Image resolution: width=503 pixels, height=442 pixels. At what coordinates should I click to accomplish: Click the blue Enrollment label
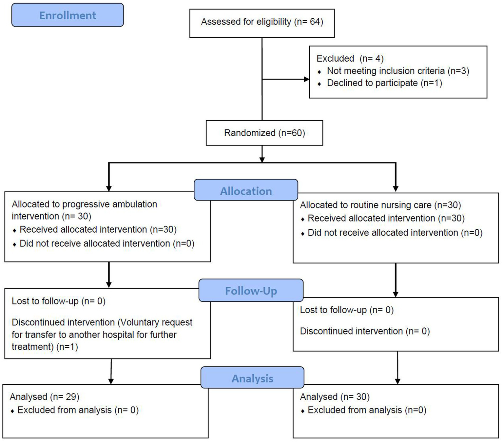(x=68, y=15)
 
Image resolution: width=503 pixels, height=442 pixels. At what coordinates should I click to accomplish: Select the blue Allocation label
(x=246, y=191)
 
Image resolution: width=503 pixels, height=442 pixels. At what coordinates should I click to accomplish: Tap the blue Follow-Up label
(x=251, y=291)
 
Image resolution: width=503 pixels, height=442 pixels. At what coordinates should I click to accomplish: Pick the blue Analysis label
(x=252, y=378)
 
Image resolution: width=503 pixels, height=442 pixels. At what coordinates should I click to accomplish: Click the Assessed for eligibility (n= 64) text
(x=262, y=22)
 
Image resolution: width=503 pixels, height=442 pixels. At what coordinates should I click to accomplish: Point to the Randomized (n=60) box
(x=264, y=133)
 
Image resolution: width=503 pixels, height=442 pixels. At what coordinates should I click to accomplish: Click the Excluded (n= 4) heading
(x=350, y=59)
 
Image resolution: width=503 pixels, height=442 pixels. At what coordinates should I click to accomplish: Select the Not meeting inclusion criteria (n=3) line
(x=398, y=71)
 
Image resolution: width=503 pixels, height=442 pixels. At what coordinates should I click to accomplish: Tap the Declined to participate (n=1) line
(x=384, y=83)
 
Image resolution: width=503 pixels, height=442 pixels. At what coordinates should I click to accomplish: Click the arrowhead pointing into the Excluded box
(x=307, y=79)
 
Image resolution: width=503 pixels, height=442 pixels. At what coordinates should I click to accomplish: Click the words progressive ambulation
(x=109, y=204)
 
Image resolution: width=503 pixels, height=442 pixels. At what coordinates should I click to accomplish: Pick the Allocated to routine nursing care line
(x=380, y=205)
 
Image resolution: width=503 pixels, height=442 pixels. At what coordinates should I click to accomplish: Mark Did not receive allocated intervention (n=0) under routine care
(x=395, y=233)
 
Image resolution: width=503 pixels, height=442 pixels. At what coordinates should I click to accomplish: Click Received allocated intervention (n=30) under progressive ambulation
(x=98, y=230)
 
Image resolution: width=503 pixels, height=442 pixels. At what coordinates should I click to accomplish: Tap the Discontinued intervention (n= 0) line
(x=365, y=331)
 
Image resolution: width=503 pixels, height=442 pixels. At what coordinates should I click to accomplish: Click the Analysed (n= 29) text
(x=45, y=397)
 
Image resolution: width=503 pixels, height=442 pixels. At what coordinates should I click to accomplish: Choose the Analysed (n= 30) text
(x=335, y=397)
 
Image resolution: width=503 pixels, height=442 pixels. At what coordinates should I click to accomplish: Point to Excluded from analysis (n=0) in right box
(x=367, y=410)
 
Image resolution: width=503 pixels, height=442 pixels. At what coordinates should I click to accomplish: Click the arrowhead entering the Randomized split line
(x=262, y=160)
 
